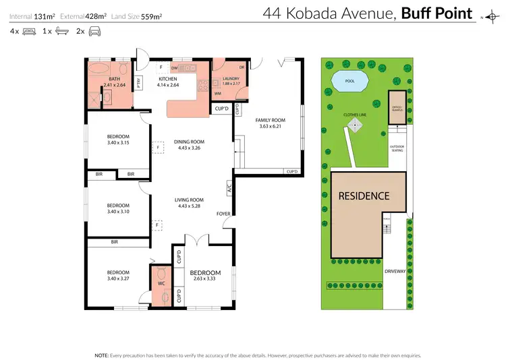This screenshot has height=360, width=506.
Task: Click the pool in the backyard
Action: [349, 82]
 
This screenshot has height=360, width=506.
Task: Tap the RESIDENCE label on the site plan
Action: [364, 196]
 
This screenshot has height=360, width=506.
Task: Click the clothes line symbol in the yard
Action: [355, 125]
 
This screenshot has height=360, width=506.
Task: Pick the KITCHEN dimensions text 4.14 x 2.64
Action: [167, 86]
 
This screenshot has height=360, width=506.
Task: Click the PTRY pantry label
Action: [138, 84]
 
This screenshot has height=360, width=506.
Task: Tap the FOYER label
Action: [223, 214]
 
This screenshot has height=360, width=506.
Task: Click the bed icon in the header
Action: [29, 31]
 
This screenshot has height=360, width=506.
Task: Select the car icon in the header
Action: [95, 31]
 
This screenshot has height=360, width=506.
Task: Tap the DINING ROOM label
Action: [189, 141]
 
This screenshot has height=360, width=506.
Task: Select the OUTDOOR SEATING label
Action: [397, 148]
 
